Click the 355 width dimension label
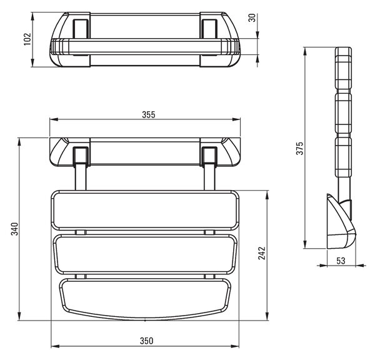tap(149, 114)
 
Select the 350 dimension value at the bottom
tap(146, 341)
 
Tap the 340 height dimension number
tap(14, 229)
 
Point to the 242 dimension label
tap(262, 253)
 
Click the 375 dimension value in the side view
tap(299, 148)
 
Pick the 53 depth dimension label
tap(341, 261)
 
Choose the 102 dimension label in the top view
tap(27, 39)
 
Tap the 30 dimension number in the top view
tap(252, 17)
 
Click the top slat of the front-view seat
tap(145, 211)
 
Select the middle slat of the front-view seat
tap(145, 254)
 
